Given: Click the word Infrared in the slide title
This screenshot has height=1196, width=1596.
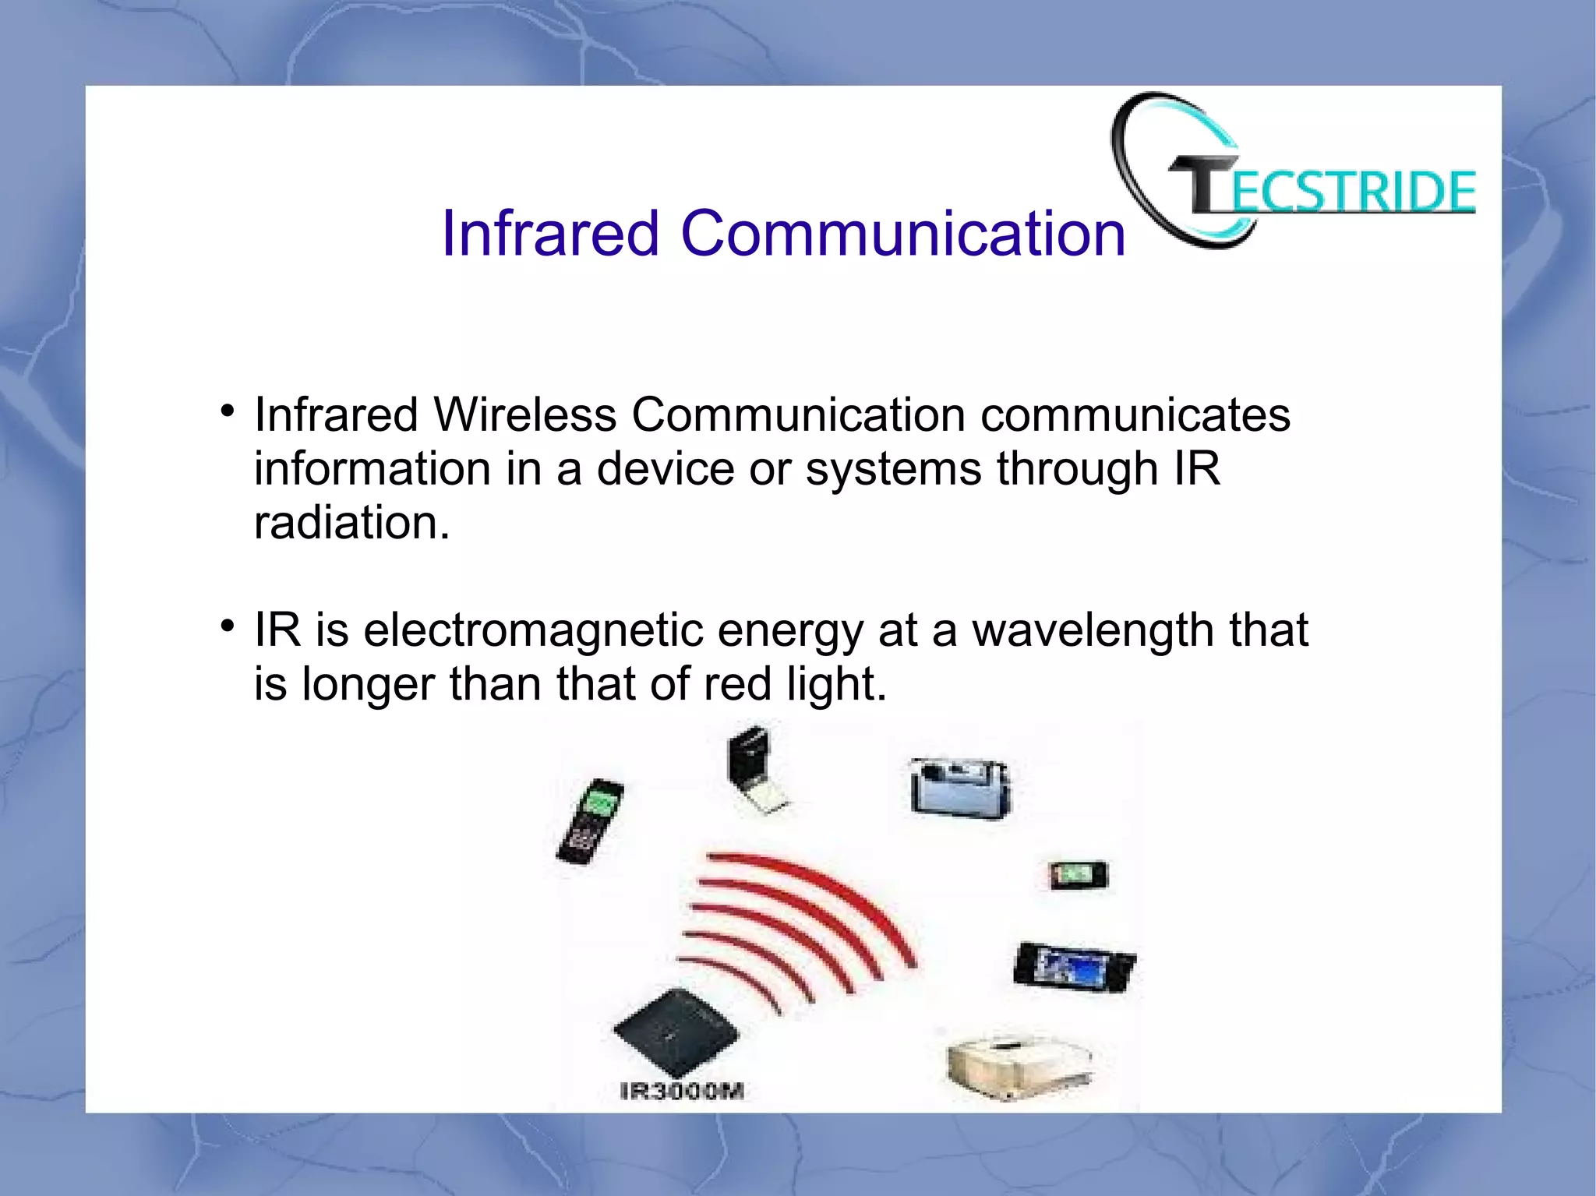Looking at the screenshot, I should pyautogui.click(x=550, y=233).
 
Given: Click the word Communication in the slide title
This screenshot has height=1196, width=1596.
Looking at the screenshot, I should pyautogui.click(x=903, y=233).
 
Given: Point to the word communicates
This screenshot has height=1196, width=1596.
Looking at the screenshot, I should pyautogui.click(x=1135, y=415).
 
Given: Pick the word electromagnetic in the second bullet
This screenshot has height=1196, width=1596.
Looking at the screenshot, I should pyautogui.click(x=533, y=630).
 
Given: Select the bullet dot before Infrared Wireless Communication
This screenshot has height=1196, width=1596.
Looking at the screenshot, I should pyautogui.click(x=228, y=411).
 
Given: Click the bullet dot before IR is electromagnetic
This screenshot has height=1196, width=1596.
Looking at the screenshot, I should pyautogui.click(x=228, y=626).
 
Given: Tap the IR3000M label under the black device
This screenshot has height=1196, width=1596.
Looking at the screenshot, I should pyautogui.click(x=682, y=1092).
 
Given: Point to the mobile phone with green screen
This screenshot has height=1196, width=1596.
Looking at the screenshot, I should pyautogui.click(x=591, y=820).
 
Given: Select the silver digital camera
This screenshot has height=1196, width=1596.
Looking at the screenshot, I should pyautogui.click(x=960, y=788).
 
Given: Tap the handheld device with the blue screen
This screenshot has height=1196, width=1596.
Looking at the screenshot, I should pyautogui.click(x=1075, y=966).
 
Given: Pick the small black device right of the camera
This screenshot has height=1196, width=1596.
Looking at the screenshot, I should pyautogui.click(x=1078, y=875).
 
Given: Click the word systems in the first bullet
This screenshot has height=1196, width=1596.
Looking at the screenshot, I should pyautogui.click(x=893, y=468).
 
